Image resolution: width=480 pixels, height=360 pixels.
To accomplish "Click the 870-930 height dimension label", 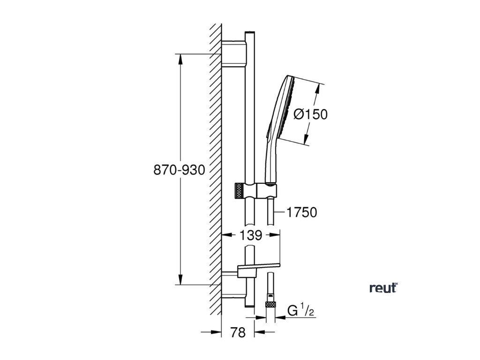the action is coord(180,170).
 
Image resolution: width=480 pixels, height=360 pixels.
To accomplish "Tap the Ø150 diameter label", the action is coord(310,114).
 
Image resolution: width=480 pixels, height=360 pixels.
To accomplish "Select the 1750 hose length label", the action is coord(302,212).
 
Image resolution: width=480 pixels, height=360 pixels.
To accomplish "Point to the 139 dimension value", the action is coord(251,236).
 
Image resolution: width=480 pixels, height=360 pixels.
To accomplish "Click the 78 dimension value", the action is coord(239,333).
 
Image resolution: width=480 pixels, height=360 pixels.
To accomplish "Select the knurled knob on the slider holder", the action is coord(239,191).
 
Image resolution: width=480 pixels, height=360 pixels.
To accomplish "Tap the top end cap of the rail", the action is coord(249,32).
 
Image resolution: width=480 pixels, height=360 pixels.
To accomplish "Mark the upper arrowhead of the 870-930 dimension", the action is coord(180,58).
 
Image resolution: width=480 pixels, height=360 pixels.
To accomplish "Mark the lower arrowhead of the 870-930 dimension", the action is coord(180,281).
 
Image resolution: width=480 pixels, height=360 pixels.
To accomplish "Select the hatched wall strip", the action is coord(216,178).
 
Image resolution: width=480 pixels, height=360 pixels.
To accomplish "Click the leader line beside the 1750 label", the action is coord(278,212).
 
